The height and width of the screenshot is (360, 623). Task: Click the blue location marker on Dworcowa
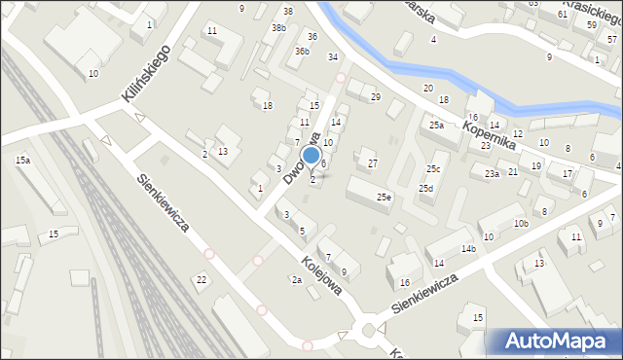click(x=311, y=155)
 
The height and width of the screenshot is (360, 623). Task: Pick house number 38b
click(x=278, y=28)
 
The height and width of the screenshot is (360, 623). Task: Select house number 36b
click(x=303, y=52)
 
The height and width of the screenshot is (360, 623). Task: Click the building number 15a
click(x=22, y=160)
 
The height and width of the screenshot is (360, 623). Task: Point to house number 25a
click(x=436, y=126)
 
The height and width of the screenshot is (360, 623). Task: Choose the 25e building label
click(x=385, y=198)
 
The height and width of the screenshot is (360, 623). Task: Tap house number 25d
click(x=425, y=188)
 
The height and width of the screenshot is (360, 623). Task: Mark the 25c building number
click(x=433, y=168)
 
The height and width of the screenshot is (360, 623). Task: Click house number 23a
click(x=493, y=174)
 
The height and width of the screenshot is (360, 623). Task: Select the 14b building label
click(x=469, y=249)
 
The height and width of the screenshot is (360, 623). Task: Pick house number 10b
click(x=521, y=224)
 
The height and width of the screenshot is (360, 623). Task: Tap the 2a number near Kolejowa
click(x=296, y=280)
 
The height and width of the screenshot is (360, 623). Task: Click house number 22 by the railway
click(x=202, y=280)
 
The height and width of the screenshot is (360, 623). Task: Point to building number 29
click(x=375, y=96)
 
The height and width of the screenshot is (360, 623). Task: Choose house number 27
click(x=372, y=162)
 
